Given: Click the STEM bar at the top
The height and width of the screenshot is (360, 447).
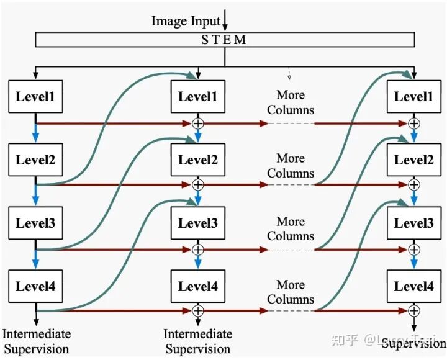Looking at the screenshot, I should coord(225,40).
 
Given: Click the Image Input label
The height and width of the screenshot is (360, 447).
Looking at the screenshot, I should coord(186,21).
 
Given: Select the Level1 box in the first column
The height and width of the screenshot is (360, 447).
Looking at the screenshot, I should coord(35,96).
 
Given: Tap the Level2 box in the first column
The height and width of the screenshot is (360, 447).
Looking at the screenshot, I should coord(35,160).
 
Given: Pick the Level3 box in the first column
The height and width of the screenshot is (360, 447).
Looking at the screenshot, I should coord(35,223).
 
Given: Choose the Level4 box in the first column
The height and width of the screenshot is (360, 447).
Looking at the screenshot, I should coord(35,286).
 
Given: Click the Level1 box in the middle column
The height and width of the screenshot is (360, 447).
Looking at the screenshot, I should coord(198,96).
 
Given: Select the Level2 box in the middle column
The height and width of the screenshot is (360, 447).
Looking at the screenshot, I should coord(198,160).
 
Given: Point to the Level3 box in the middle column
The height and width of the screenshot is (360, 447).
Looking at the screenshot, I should coord(198,223).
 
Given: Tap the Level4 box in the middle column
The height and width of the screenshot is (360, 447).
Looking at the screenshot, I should coord(198,286).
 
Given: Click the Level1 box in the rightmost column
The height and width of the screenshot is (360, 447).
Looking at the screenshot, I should coord(413,96).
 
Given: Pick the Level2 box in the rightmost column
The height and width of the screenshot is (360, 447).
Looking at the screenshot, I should coord(413,160).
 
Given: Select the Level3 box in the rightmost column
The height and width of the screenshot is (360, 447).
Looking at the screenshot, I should coord(413,223).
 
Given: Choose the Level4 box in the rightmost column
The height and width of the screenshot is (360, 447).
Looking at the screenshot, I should coord(413,286).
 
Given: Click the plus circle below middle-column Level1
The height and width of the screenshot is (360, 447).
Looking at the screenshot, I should coord(198,123).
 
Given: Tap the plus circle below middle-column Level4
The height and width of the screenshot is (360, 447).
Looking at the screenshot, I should coord(198,310).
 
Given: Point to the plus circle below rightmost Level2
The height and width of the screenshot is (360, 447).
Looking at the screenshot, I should coord(413,184).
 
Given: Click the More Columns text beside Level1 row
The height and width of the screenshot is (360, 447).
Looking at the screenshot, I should coord(291,102).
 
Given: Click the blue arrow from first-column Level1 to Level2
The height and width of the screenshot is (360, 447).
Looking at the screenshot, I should coord(35,131).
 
